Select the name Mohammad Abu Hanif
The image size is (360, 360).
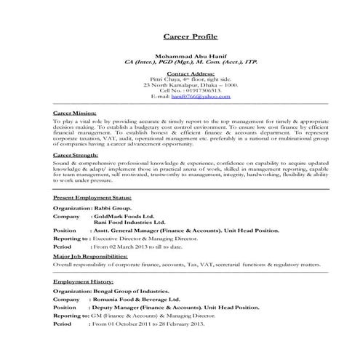point(188,56)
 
